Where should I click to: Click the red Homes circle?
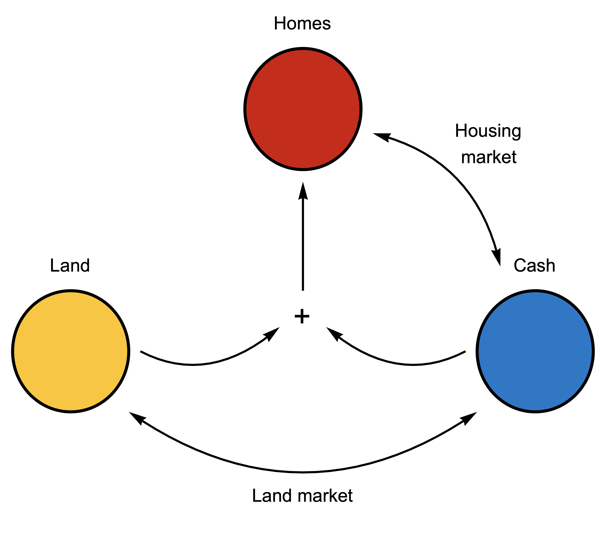coord(303,109)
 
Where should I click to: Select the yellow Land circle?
coord(71,351)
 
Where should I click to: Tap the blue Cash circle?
coord(535,351)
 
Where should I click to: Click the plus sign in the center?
coord(302,316)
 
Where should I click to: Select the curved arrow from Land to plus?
coord(195,364)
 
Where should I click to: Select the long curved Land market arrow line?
coord(303,472)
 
